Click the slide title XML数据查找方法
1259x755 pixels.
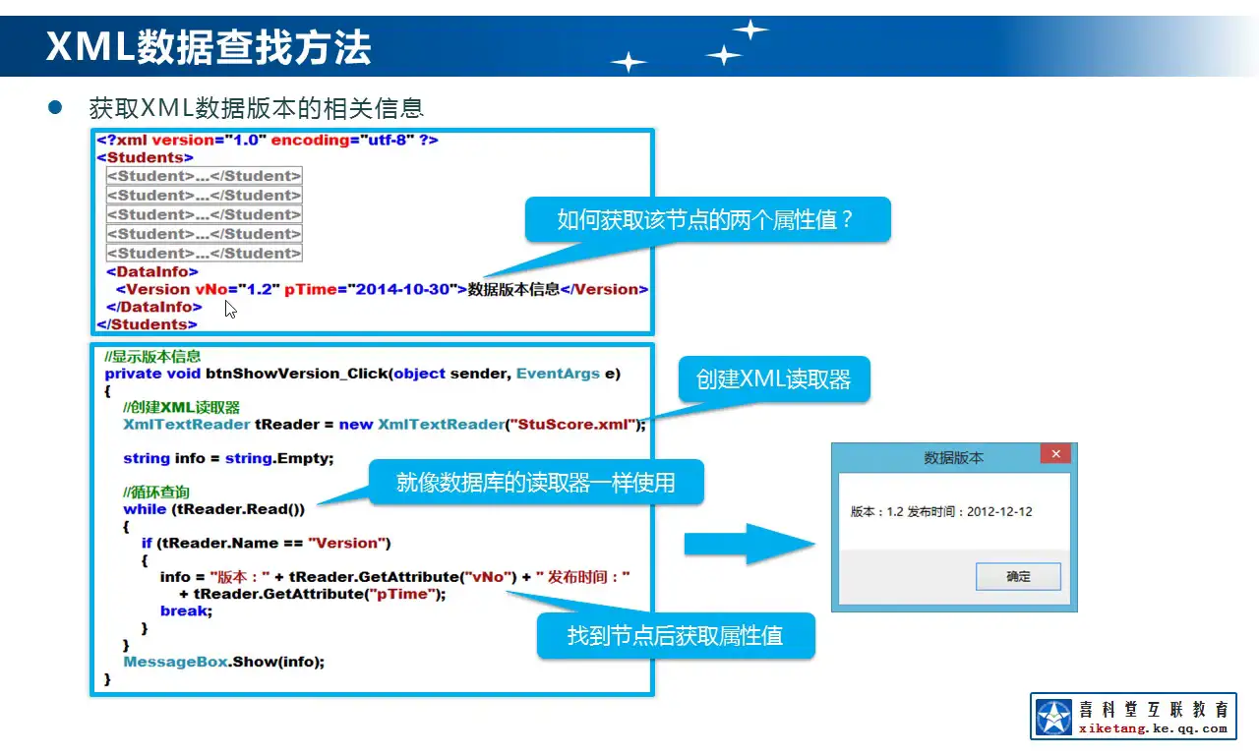tap(209, 46)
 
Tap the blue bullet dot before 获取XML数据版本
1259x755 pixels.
tap(56, 106)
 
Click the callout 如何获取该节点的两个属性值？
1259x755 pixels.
tap(706, 219)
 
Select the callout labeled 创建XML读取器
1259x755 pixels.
tap(773, 379)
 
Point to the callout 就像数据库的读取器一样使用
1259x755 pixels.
tap(536, 483)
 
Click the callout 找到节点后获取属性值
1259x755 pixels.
tap(675, 635)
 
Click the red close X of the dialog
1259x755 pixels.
tap(1054, 454)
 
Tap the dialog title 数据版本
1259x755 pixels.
tap(953, 458)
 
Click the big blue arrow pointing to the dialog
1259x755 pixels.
tap(748, 544)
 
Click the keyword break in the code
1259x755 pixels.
tap(184, 610)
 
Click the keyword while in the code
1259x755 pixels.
tap(144, 509)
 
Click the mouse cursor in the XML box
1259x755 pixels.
tap(229, 309)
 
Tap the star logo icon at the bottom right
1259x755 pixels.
tap(1053, 717)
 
